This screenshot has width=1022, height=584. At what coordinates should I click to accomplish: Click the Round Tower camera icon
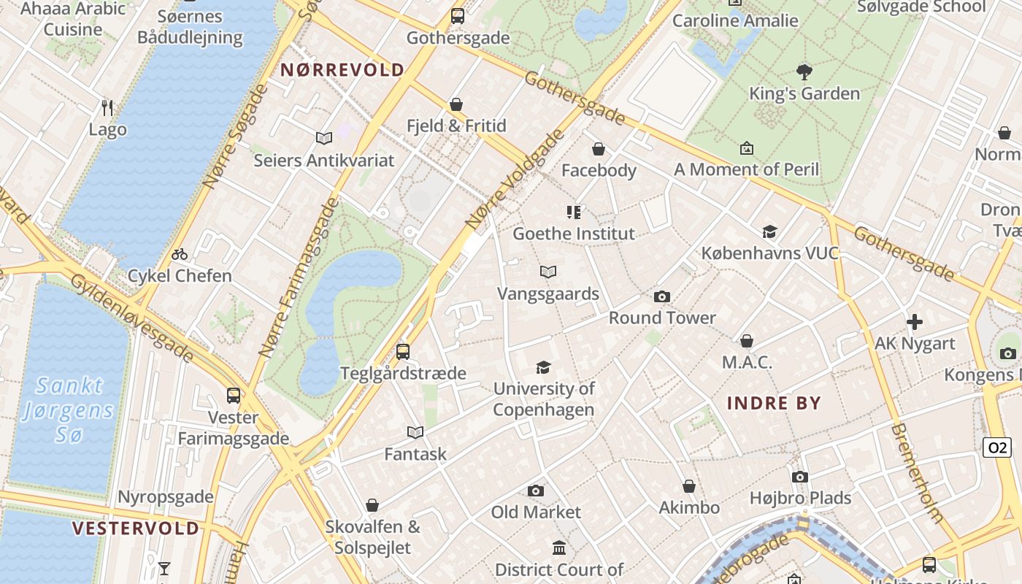[x=662, y=296]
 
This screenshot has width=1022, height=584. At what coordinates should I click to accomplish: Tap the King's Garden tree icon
[x=804, y=72]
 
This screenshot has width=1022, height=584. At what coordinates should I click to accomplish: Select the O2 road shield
[x=996, y=447]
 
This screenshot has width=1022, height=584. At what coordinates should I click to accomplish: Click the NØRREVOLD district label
[x=342, y=70]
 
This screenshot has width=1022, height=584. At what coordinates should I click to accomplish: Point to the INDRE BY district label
[x=774, y=403]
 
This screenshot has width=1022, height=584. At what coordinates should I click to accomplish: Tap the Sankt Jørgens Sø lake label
[x=69, y=410]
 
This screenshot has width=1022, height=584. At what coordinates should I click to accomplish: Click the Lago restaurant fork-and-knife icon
[x=107, y=108]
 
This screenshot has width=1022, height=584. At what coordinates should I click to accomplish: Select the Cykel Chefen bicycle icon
[x=180, y=254]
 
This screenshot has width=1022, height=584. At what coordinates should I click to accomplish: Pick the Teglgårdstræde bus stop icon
[x=403, y=352]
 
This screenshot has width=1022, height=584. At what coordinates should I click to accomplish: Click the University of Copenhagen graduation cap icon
[x=543, y=367]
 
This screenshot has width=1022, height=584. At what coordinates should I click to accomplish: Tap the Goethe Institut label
[x=574, y=234]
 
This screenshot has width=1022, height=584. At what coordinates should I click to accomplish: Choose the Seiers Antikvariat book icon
[x=324, y=138]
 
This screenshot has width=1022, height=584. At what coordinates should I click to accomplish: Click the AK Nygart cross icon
[x=914, y=321]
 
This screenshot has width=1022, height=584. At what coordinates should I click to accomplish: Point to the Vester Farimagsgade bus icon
[x=234, y=396]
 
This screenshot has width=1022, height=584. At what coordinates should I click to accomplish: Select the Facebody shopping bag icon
[x=599, y=149]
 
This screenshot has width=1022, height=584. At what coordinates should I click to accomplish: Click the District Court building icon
[x=559, y=547]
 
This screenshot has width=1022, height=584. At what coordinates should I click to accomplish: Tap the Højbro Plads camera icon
[x=800, y=477]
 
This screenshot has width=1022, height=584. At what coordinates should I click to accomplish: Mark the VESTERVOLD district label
[x=136, y=529]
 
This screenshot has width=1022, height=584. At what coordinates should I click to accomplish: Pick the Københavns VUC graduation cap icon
[x=769, y=232]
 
